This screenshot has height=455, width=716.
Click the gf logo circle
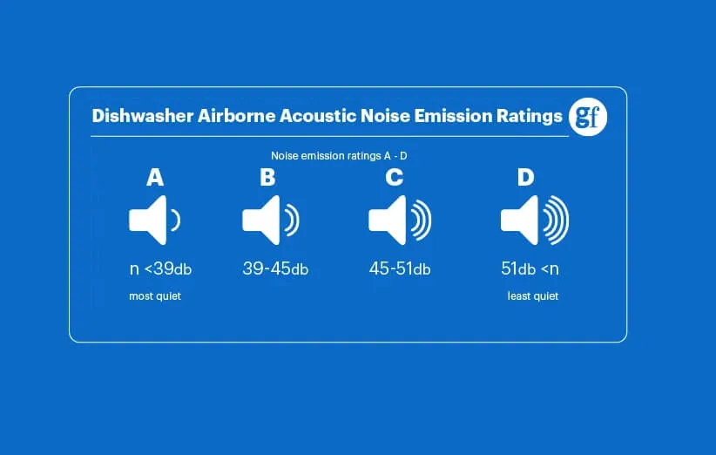coord(588,117)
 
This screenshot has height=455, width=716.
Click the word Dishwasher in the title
coord(143,116)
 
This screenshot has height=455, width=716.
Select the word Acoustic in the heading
coord(317,116)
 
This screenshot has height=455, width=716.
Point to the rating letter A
coord(155,177)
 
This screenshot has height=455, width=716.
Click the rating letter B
coord(267,177)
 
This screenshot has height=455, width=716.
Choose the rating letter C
coord(394,177)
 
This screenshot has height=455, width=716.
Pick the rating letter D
coord(525,177)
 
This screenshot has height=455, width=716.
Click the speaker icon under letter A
coord(154,221)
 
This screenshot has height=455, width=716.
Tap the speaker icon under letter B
coord(270,221)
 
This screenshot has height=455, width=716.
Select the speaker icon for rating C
coord(400,221)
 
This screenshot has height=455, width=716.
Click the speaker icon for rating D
coord(535,221)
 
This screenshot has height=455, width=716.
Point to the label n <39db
coord(161,268)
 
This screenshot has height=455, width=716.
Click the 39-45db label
coord(275,268)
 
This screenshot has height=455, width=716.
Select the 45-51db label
coord(400,268)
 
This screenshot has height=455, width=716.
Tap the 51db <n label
coord(530,268)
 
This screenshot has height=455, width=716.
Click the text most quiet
coord(155,296)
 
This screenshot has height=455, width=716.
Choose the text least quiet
coord(533,296)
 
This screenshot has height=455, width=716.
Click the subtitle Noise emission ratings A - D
coord(339,156)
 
